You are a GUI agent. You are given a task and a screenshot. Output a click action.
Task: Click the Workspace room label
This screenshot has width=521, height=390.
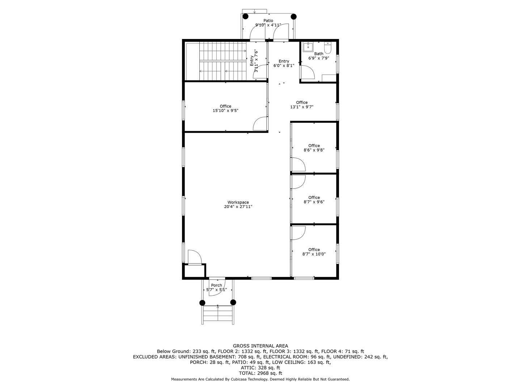[238, 202]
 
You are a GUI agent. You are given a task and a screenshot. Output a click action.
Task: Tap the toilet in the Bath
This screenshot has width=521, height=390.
[328, 48]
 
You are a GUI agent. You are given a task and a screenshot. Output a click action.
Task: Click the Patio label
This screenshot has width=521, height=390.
[268, 21]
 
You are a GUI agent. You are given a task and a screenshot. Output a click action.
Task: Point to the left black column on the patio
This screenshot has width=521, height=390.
[246, 16]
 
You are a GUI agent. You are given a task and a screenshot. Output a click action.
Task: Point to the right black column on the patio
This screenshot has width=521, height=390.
[294, 16]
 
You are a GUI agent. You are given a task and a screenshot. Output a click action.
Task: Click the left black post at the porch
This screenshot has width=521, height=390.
[202, 303]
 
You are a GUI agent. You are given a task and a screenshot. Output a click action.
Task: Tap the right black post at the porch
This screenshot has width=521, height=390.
[233, 302]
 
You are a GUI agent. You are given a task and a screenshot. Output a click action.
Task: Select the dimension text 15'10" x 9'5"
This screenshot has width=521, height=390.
[225, 111]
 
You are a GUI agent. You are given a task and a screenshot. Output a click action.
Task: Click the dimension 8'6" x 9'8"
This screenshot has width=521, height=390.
[314, 150]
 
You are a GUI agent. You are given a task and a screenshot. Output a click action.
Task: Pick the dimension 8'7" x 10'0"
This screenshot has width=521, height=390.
[314, 254]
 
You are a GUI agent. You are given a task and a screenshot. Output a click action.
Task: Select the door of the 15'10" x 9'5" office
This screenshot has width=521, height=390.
[260, 123]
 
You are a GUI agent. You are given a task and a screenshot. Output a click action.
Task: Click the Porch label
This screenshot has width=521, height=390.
[216, 285]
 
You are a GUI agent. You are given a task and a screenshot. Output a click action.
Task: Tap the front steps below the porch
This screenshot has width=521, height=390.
[218, 314]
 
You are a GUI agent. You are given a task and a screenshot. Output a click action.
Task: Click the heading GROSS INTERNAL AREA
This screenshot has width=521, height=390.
[260, 346]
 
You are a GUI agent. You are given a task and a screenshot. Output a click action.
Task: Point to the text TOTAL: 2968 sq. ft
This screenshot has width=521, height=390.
[260, 373]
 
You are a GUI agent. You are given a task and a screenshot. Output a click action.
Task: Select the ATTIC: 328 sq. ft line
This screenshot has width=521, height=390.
[260, 368]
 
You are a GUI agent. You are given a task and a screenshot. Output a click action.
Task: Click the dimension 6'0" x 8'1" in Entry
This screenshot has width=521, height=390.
[284, 66]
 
